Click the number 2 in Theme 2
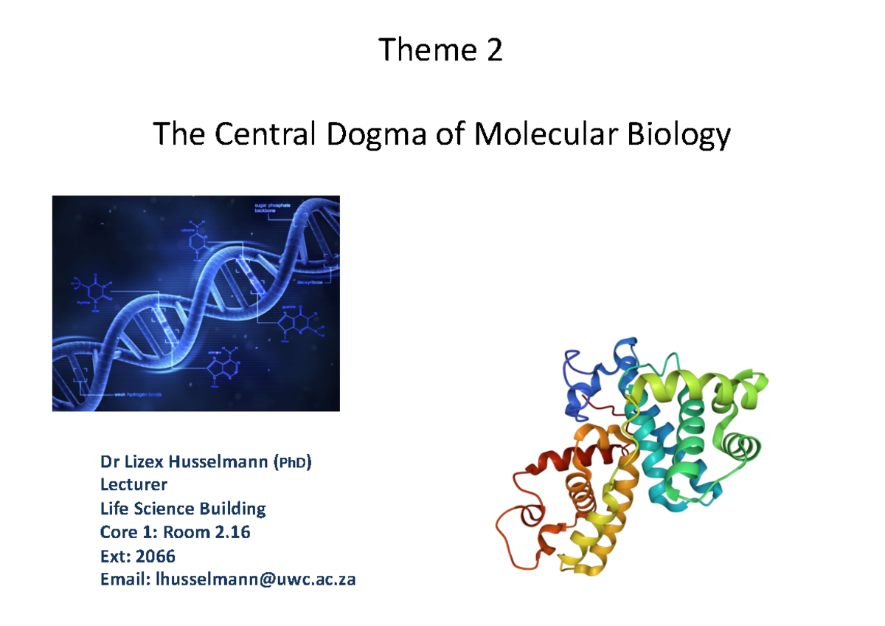point(493,51)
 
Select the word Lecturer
point(133,485)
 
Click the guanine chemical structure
point(299,323)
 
